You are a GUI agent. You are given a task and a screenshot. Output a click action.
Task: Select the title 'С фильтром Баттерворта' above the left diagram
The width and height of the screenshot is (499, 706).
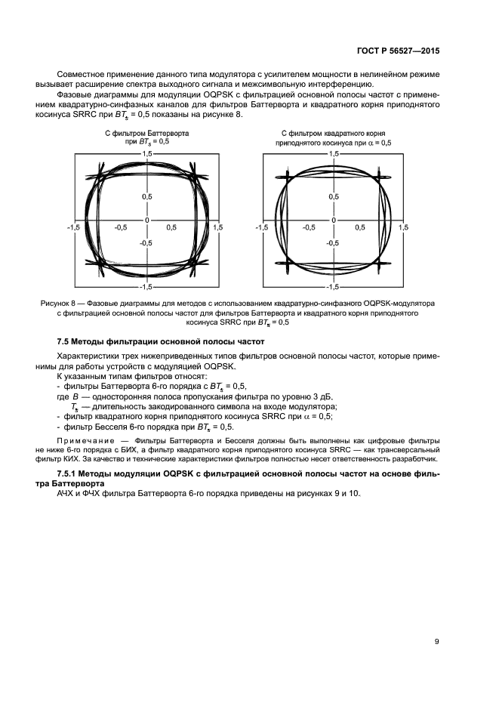click(146, 133)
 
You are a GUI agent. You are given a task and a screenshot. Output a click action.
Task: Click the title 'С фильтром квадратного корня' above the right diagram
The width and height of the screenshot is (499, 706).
click(334, 133)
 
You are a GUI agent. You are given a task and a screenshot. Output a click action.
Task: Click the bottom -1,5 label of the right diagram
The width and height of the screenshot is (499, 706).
click(333, 287)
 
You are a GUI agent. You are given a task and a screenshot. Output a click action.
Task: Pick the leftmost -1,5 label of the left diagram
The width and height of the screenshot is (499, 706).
click(72, 227)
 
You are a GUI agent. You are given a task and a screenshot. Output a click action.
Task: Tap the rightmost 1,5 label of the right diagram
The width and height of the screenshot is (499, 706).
click(403, 227)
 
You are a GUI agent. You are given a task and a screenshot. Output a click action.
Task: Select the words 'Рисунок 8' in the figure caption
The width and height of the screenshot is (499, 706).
click(58, 303)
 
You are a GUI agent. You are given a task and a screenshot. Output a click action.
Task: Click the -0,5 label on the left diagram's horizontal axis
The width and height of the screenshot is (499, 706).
click(121, 227)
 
